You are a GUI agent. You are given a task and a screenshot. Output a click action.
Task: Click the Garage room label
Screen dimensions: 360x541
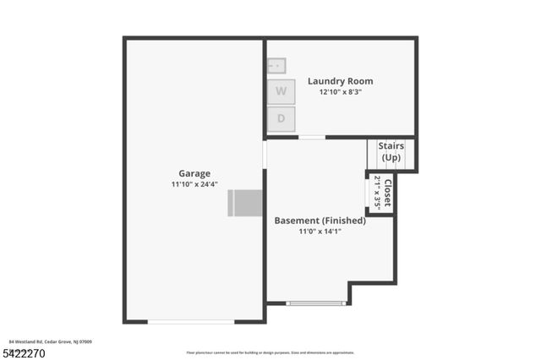194,173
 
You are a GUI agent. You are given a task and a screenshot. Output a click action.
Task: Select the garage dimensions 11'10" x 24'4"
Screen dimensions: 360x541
194,184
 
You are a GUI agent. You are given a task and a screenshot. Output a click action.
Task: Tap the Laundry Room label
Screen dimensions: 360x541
340,81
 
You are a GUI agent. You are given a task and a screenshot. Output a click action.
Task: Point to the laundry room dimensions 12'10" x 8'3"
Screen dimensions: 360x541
340,92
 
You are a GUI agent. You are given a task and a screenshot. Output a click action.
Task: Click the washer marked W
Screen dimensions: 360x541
281,90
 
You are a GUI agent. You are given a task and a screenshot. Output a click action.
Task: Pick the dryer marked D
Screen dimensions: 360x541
281,119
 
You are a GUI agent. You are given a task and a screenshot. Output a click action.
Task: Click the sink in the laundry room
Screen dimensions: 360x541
276,65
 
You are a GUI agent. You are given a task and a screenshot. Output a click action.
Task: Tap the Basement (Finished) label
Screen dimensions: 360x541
320,221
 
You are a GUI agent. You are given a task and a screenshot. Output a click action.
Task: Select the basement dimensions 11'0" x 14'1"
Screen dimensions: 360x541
320,231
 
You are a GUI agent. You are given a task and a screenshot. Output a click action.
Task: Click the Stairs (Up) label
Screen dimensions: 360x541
391,152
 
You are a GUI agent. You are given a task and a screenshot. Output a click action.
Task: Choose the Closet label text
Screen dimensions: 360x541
387,192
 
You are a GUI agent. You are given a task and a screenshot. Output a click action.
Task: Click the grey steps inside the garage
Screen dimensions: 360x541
245,203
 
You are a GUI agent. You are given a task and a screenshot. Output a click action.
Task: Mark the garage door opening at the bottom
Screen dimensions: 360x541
190,321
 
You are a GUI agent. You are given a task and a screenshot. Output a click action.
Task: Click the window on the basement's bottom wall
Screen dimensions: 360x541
316,303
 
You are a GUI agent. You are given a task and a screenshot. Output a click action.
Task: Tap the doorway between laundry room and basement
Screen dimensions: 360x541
312,137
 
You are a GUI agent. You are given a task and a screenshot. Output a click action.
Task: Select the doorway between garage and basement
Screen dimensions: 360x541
265,154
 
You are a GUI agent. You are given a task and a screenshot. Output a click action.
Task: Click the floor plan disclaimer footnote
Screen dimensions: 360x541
270,352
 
